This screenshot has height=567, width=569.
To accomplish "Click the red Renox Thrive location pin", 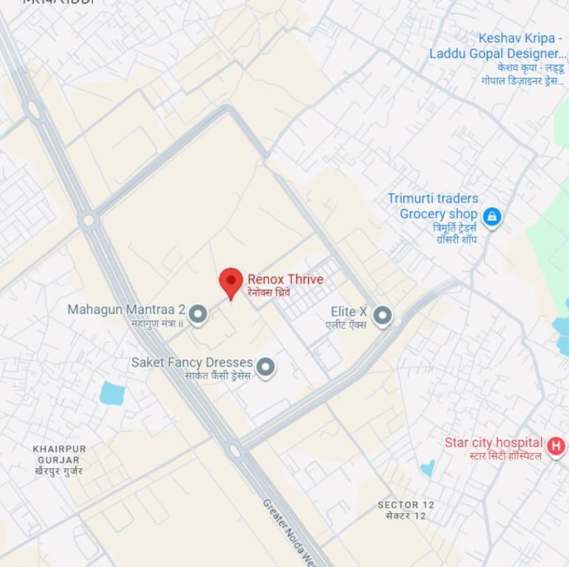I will coord(230,281).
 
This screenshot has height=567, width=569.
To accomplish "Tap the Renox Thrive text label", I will coord(286,280).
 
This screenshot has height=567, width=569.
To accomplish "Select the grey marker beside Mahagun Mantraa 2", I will coord(198,314).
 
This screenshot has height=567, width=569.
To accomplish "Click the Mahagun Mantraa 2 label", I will coord(126,309).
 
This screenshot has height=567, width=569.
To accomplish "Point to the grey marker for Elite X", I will coord(382,316).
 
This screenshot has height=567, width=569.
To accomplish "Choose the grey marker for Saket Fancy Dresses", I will coord(265,366).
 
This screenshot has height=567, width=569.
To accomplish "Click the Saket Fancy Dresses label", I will coord(191,363).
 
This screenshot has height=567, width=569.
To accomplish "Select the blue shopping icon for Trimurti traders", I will coord(492,216).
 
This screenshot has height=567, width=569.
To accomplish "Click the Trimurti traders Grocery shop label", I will coord(438,207).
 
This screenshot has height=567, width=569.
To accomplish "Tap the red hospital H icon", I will coord(556,445).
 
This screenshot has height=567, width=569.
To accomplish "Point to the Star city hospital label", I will coord(494,443).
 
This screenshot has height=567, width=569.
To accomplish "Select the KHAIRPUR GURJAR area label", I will coord(57,455).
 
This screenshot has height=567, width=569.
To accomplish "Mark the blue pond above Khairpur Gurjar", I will coord(112,393).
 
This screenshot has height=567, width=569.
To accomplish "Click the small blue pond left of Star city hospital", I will coord(427,466).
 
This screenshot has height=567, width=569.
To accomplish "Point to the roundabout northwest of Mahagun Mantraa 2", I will coord(88,221).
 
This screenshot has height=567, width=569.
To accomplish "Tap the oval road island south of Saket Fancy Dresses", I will coord(235,451).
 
